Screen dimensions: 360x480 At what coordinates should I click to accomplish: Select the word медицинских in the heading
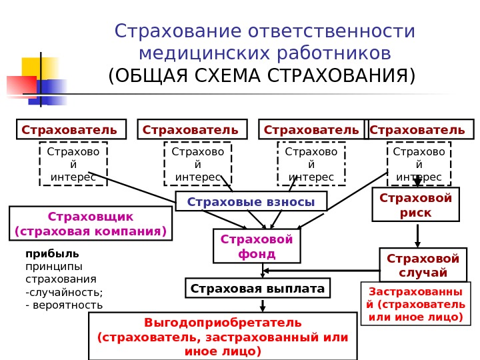196,53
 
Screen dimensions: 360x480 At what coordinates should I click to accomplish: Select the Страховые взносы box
251,201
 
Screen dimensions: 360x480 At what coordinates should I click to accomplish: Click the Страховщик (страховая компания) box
91,224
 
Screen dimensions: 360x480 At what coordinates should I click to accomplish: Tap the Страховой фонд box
257,246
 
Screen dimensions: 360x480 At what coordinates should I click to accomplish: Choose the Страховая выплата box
257,289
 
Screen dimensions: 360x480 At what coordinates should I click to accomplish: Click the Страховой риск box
415,205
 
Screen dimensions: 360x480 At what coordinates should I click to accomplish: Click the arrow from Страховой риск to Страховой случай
417,235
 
